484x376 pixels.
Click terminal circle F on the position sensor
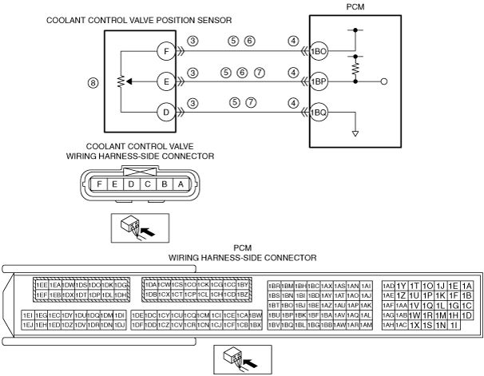coord(165,51)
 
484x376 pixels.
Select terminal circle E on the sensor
coord(165,81)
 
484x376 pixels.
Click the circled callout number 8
coord(93,81)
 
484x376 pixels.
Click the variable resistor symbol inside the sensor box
coord(121,81)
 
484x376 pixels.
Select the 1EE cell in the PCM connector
coord(41,285)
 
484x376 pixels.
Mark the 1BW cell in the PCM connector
coord(256,315)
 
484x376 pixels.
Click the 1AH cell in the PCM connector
coord(388,325)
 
